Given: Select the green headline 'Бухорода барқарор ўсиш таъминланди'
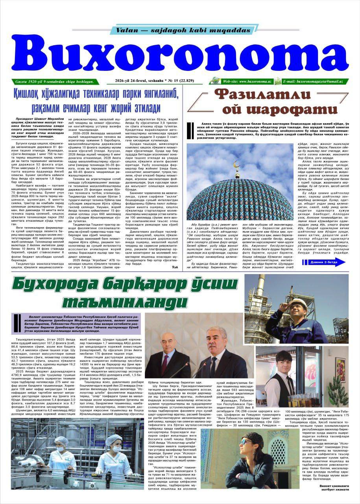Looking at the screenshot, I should click(125, 293).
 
